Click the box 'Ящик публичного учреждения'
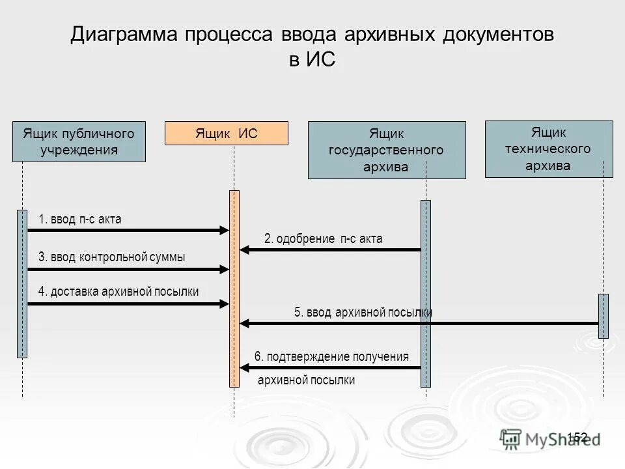pos(79,141)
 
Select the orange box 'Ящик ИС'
pos(226,134)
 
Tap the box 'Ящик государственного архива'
pos(387,150)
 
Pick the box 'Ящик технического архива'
pos(548,149)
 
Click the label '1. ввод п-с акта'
pos(80,220)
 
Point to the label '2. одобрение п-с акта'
pos(323,239)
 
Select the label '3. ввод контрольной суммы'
pos(111,257)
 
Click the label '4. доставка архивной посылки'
pos(118,291)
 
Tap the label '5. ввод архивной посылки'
pos(363,313)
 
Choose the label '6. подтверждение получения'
pos(331,356)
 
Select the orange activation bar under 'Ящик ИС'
pos(234,289)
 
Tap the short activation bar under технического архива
pos(604,316)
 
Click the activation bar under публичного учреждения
pos(22,283)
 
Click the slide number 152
pos(577,436)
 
